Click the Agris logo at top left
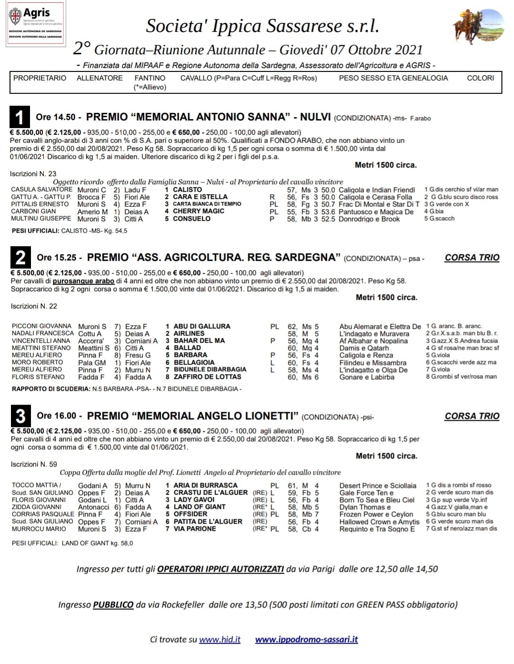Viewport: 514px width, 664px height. coord(36,24)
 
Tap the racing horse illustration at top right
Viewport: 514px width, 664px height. coord(478,28)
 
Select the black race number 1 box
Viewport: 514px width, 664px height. coord(20,117)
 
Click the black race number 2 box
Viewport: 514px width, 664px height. coord(20,258)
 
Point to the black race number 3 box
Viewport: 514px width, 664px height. coord(20,416)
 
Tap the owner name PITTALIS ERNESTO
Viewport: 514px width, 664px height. coord(40,204)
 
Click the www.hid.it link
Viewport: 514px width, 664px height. coord(219,640)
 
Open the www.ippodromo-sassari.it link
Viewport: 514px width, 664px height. coord(306,640)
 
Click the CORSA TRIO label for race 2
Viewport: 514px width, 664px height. coord(472,258)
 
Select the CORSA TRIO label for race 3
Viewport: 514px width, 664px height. coord(472,416)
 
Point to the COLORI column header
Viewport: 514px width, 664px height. coord(480,78)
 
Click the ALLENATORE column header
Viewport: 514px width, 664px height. coord(99,78)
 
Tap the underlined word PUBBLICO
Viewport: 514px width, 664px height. coord(113,605)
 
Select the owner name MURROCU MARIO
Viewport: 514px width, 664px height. coord(39,529)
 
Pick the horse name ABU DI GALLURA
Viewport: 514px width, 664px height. coord(202,327)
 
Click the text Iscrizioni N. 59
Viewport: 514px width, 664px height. coord(34,464)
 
